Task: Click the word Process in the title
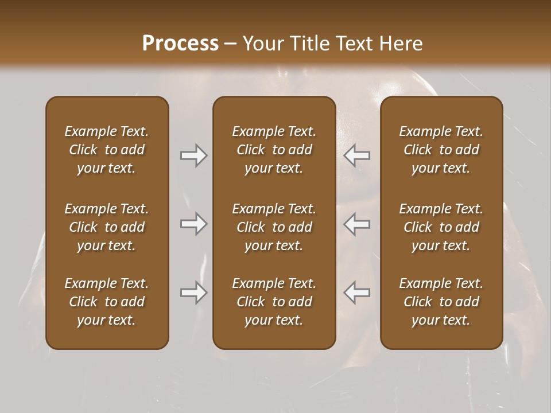tap(180, 44)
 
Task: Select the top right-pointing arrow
tap(194, 155)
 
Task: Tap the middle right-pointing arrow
tap(194, 224)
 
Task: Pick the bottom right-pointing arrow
tap(194, 293)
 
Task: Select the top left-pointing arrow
tap(357, 155)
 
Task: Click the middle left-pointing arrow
tap(357, 224)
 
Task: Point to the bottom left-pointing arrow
tap(357, 293)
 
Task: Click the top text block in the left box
tap(107, 150)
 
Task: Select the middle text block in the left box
tap(107, 227)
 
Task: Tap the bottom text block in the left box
tap(107, 302)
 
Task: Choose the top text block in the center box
tap(274, 150)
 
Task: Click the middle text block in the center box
tap(274, 227)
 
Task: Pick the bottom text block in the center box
tap(274, 302)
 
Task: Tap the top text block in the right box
tap(441, 150)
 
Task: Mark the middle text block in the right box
tap(441, 227)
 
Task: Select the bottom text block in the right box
tap(441, 302)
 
